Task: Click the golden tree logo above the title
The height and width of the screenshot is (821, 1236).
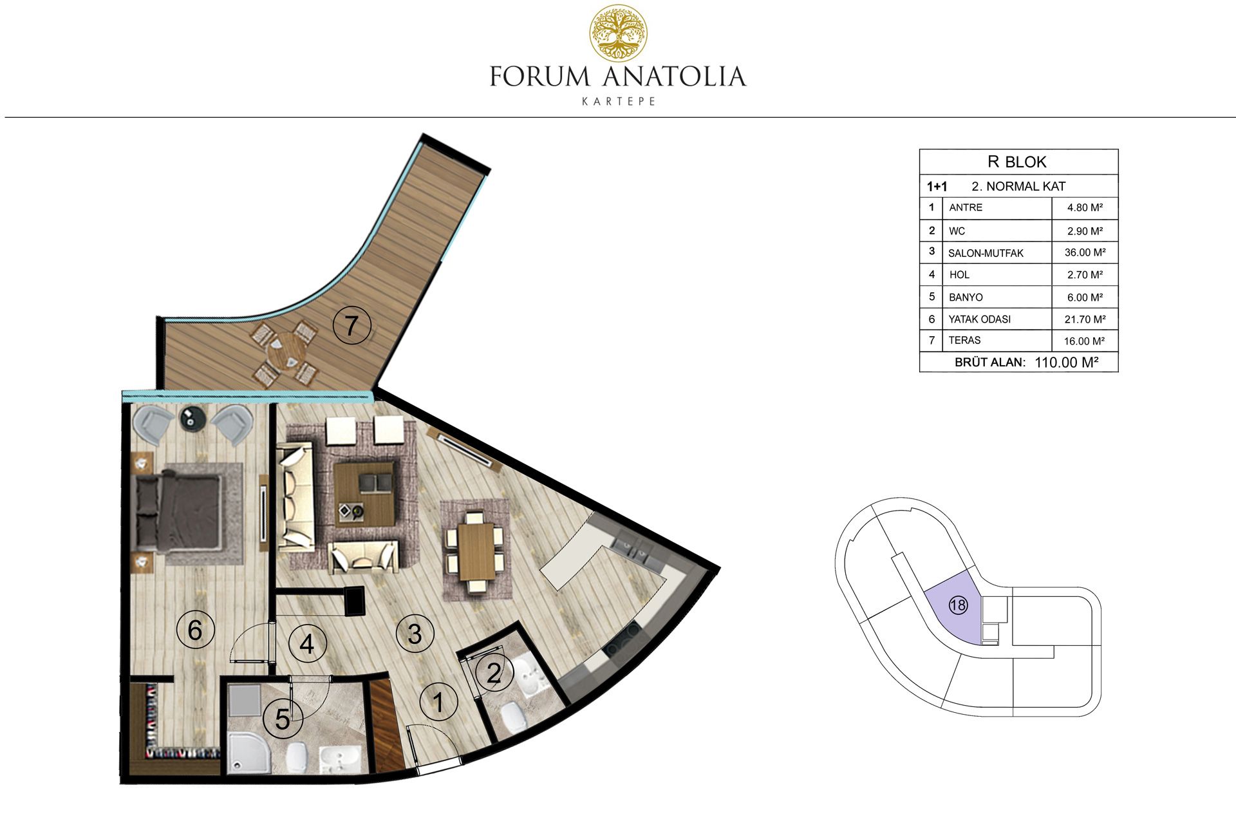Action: (619, 34)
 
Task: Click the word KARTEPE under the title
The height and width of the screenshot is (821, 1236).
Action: (619, 102)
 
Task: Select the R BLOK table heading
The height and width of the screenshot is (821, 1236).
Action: (1017, 162)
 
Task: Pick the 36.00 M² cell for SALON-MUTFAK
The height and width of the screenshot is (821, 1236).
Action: (1085, 252)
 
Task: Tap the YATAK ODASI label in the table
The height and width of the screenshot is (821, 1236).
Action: (980, 319)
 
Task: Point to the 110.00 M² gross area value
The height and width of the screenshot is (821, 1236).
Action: (1066, 362)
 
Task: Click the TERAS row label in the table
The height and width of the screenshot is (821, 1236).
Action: (964, 340)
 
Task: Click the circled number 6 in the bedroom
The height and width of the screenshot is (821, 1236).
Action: (195, 629)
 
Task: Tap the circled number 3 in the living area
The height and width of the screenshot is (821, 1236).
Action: (415, 633)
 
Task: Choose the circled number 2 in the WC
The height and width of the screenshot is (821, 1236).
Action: (494, 673)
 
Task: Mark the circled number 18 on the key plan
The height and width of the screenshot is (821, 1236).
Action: (958, 605)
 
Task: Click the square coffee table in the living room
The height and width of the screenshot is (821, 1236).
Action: (364, 493)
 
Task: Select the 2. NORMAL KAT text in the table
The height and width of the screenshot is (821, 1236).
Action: (1018, 187)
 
